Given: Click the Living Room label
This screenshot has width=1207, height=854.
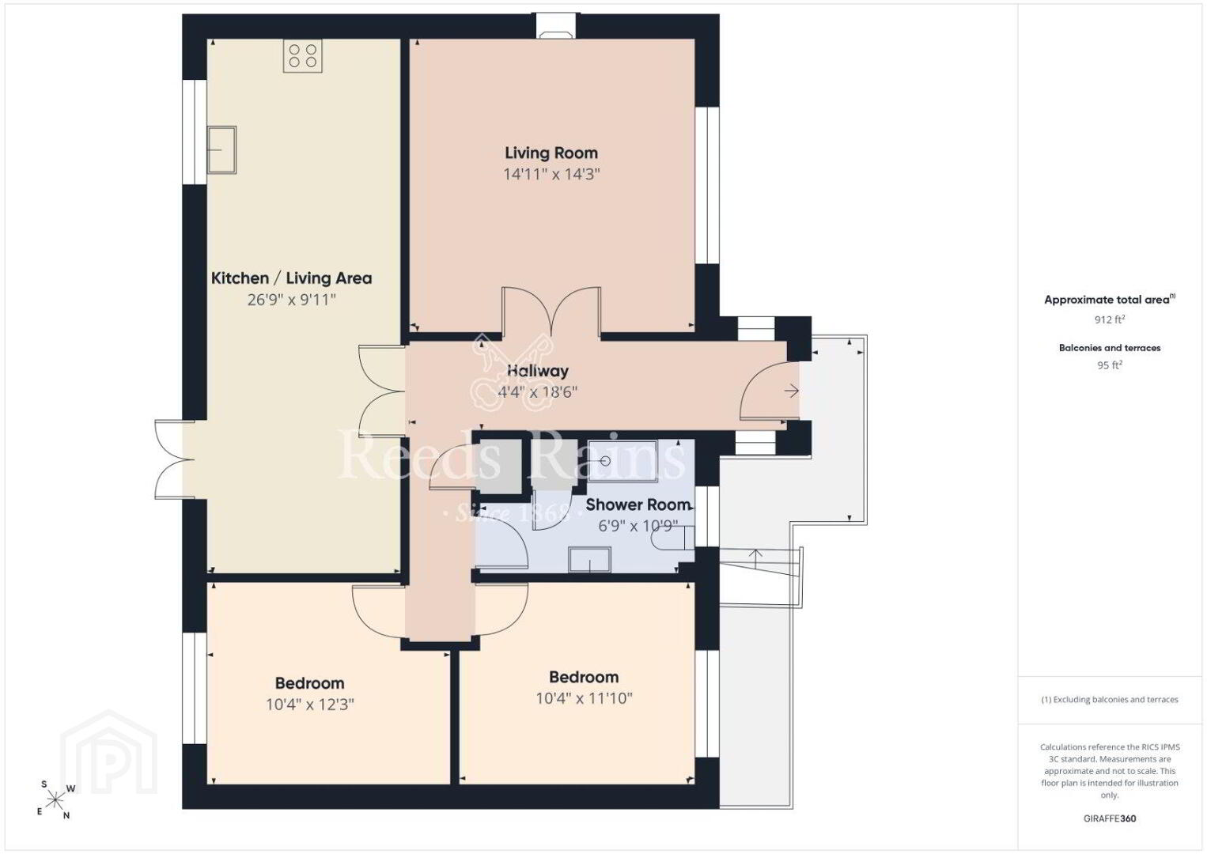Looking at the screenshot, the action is pyautogui.click(x=551, y=153).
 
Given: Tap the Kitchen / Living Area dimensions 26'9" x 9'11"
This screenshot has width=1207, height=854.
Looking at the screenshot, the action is pyautogui.click(x=292, y=300).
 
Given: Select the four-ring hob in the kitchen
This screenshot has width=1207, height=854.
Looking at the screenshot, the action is pyautogui.click(x=303, y=56).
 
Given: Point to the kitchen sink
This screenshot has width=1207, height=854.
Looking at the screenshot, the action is pyautogui.click(x=221, y=149).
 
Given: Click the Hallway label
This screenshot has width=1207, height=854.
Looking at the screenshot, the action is pyautogui.click(x=538, y=371).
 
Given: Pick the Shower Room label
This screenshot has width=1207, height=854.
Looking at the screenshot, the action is pyautogui.click(x=638, y=504).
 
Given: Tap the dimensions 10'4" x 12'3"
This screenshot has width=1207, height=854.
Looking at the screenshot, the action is pyautogui.click(x=310, y=705).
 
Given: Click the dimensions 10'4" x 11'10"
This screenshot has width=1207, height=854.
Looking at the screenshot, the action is pyautogui.click(x=584, y=698).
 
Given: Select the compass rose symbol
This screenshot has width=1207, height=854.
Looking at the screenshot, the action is pyautogui.click(x=55, y=799).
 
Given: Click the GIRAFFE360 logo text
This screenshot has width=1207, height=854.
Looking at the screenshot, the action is pyautogui.click(x=1110, y=818).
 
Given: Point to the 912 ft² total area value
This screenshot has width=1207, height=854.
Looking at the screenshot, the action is pyautogui.click(x=1110, y=319).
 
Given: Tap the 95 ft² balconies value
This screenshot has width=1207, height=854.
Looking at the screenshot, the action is pyautogui.click(x=1110, y=365).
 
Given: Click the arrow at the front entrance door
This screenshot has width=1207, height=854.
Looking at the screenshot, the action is pyautogui.click(x=791, y=391).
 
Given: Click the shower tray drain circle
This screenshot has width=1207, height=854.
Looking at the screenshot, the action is pyautogui.click(x=605, y=461).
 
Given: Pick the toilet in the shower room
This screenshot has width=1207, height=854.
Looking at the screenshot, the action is pyautogui.click(x=672, y=538).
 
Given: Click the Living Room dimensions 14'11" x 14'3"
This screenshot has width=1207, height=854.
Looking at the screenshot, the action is pyautogui.click(x=551, y=175).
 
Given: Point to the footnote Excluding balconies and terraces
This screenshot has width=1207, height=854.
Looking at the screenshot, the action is pyautogui.click(x=1110, y=699).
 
